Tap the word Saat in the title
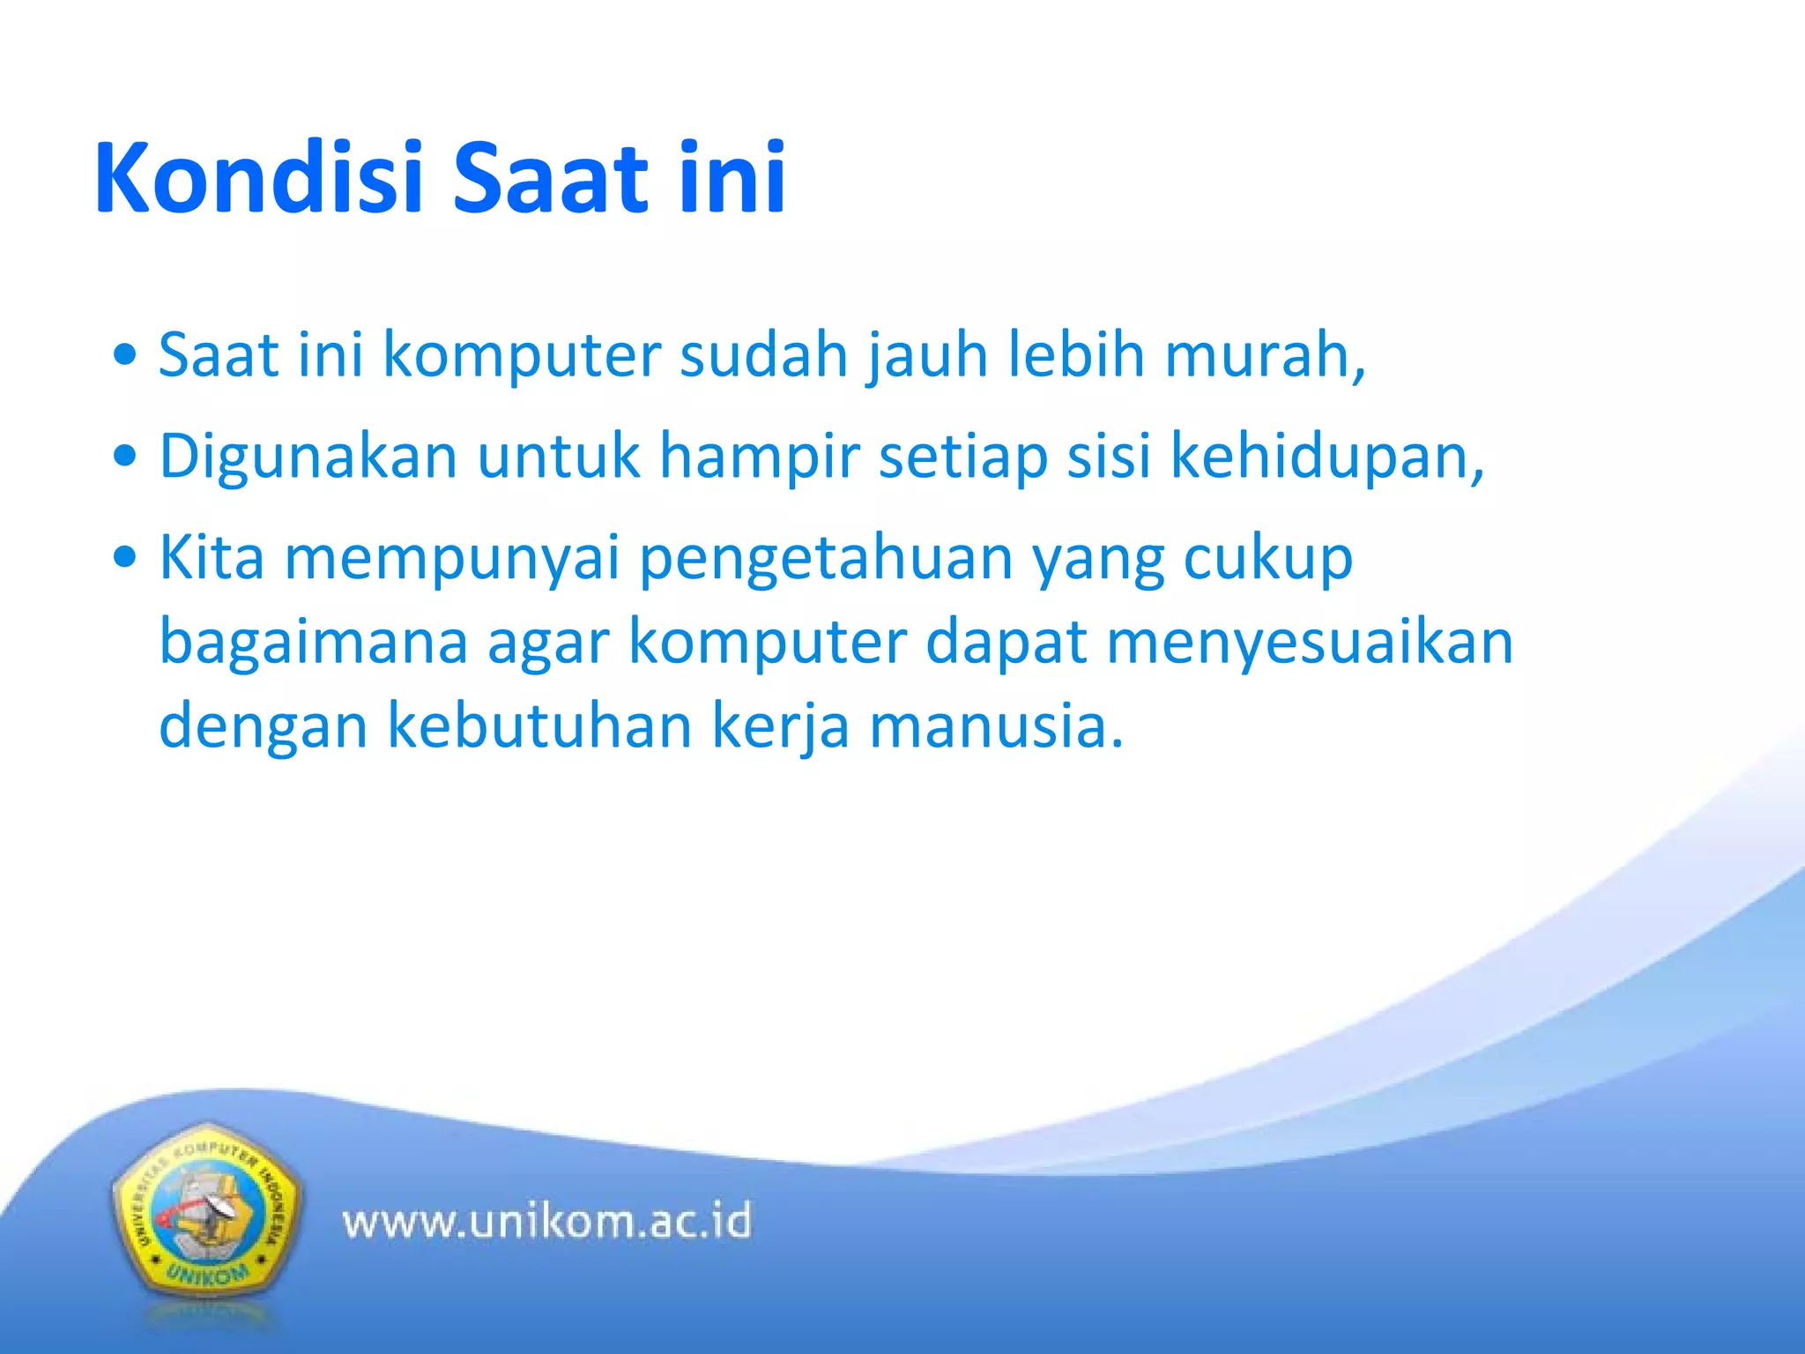[550, 179]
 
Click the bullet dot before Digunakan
[126, 457]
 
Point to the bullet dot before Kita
[126, 558]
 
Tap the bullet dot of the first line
[126, 355]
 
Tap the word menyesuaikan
[1310, 643]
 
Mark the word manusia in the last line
[996, 726]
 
